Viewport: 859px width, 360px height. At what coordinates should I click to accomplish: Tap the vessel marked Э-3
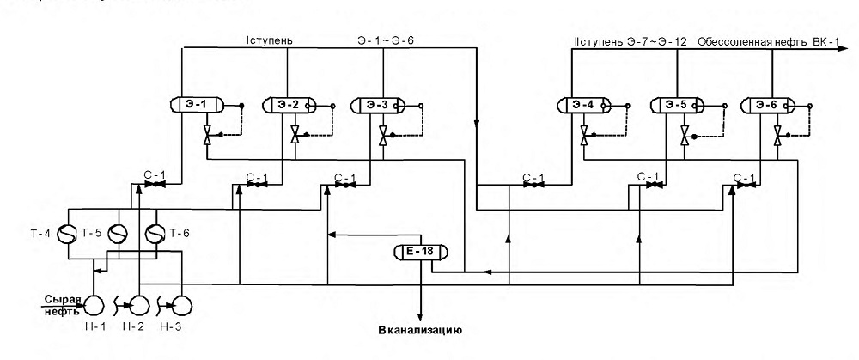click(x=377, y=104)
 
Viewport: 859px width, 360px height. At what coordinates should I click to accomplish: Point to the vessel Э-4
click(x=583, y=104)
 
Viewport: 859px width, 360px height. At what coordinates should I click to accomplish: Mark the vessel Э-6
click(x=767, y=104)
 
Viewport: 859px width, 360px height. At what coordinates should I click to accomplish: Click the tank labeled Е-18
click(x=421, y=252)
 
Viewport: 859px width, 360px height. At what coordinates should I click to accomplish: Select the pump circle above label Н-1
click(x=94, y=303)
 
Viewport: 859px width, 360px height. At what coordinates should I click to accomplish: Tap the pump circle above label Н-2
click(x=139, y=303)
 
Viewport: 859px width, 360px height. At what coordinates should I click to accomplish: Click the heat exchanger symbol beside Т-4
click(x=67, y=234)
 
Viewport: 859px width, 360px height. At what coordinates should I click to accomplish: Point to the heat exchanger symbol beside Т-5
click(x=117, y=234)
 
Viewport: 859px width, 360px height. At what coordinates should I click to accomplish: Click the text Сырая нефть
click(x=63, y=305)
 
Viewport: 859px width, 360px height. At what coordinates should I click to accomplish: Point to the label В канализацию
click(x=421, y=331)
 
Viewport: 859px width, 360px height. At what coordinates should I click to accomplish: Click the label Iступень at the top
click(x=270, y=40)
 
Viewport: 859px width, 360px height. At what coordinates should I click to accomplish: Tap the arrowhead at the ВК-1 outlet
click(x=844, y=48)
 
